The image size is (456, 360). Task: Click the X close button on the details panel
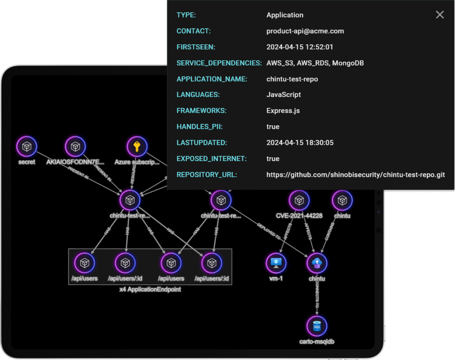click(x=440, y=15)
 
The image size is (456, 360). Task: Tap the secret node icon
click(x=27, y=147)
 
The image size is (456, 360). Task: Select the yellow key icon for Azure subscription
click(x=137, y=147)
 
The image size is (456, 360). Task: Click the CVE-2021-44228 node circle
click(x=299, y=200)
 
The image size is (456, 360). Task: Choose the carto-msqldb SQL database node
click(x=317, y=326)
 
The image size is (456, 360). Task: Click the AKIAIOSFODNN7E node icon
click(x=75, y=147)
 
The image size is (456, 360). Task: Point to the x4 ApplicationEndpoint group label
click(x=150, y=289)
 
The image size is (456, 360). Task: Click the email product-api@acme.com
click(x=305, y=31)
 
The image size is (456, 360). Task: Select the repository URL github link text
click(x=355, y=175)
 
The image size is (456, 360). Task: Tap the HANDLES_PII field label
click(x=198, y=127)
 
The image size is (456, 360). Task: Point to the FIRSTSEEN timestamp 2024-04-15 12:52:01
click(x=300, y=47)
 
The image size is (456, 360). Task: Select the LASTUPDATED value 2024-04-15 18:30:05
click(x=300, y=143)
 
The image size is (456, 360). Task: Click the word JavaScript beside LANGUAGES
click(x=283, y=95)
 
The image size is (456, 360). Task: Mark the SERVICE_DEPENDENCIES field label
click(x=219, y=63)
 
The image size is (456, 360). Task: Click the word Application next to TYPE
click(x=285, y=15)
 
